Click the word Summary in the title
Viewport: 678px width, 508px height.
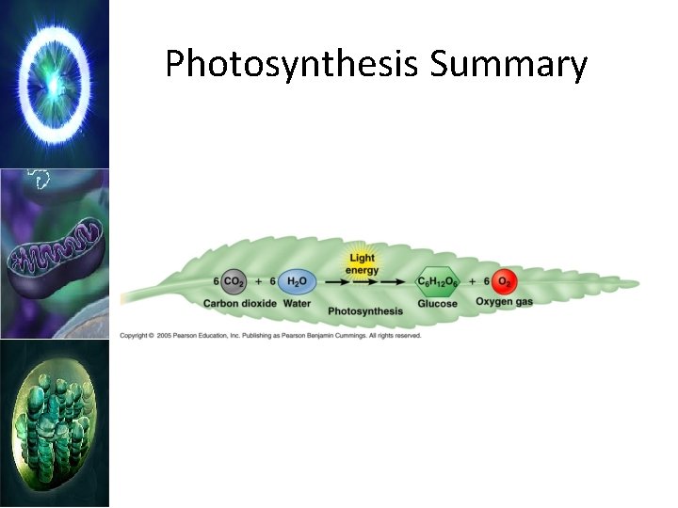point(509,65)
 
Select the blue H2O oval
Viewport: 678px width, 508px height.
point(297,281)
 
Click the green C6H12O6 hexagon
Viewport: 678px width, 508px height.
point(438,281)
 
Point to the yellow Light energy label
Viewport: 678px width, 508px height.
point(363,262)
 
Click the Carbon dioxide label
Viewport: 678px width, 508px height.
point(239,303)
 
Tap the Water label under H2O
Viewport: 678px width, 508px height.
point(297,303)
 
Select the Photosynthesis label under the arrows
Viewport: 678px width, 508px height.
point(365,310)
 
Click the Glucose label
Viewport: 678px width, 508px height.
point(438,303)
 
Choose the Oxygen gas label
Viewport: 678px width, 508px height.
point(504,302)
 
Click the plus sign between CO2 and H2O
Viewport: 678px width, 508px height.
point(258,281)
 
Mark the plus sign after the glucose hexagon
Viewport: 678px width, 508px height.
point(472,281)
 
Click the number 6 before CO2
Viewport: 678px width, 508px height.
point(217,281)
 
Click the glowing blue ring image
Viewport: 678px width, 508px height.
point(55,83)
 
